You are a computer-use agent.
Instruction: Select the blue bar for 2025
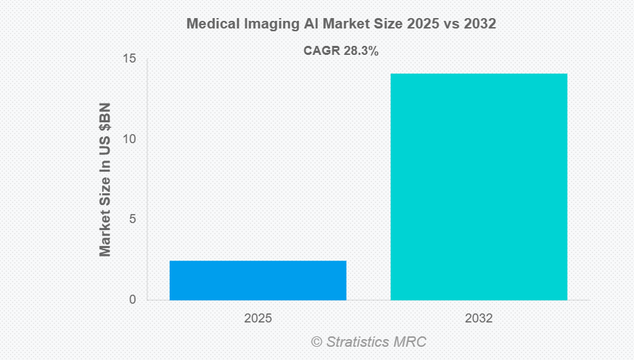click(257, 280)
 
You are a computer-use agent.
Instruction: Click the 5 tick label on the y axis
click(132, 220)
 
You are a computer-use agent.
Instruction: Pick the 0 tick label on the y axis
click(132, 300)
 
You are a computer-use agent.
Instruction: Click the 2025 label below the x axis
click(257, 318)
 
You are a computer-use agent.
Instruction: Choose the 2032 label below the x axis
click(478, 318)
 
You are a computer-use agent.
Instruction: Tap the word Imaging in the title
click(268, 24)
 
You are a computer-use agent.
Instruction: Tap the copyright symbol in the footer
click(316, 342)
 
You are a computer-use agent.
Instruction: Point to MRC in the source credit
click(412, 342)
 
